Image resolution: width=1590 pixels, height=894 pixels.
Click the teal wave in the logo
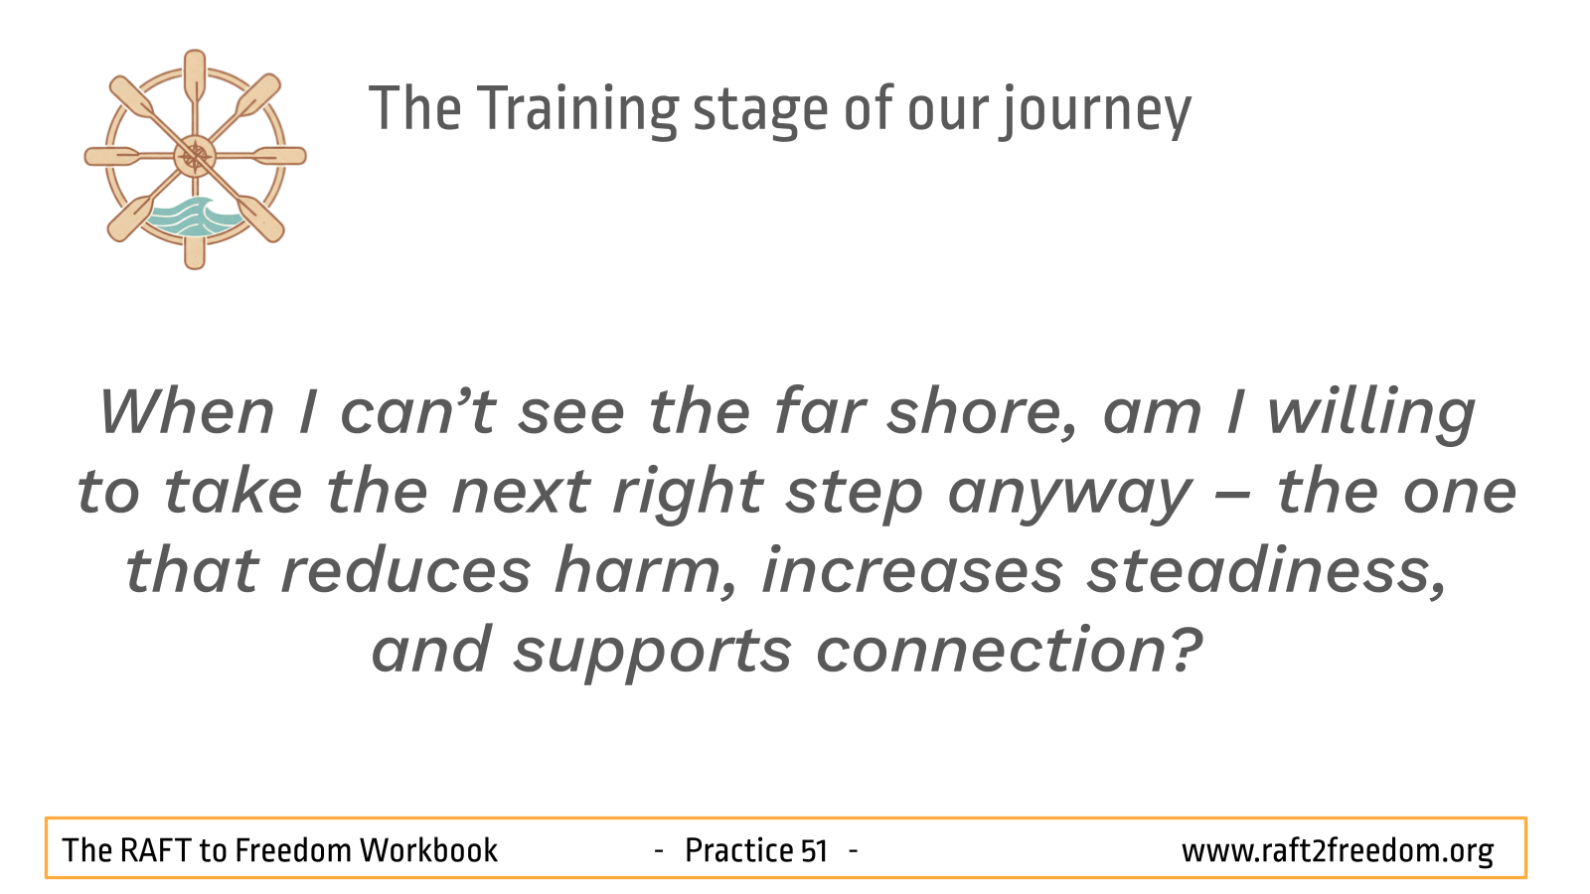pyautogui.click(x=195, y=217)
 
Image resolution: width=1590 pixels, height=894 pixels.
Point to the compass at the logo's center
pyautogui.click(x=195, y=156)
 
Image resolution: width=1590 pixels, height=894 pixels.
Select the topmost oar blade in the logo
pyautogui.click(x=195, y=75)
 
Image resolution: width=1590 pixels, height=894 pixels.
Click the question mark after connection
pyautogui.click(x=1186, y=651)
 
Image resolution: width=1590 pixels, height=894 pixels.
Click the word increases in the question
pyautogui.click(x=912, y=571)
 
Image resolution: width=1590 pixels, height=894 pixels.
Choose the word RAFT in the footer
pyautogui.click(x=156, y=850)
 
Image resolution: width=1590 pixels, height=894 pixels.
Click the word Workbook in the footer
pyautogui.click(x=428, y=850)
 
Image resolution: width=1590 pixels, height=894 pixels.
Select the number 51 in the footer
pyautogui.click(x=814, y=851)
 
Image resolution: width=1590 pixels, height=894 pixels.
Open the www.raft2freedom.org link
pyautogui.click(x=1337, y=851)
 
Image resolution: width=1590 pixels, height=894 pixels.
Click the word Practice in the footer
pyautogui.click(x=738, y=850)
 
